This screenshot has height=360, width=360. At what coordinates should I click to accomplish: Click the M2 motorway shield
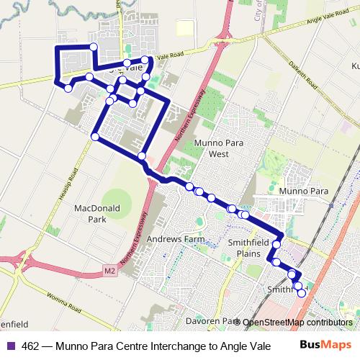(x=109, y=271)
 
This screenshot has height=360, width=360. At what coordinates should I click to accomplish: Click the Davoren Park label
(x=211, y=321)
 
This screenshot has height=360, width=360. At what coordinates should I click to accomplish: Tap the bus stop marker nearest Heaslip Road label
(x=95, y=136)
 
